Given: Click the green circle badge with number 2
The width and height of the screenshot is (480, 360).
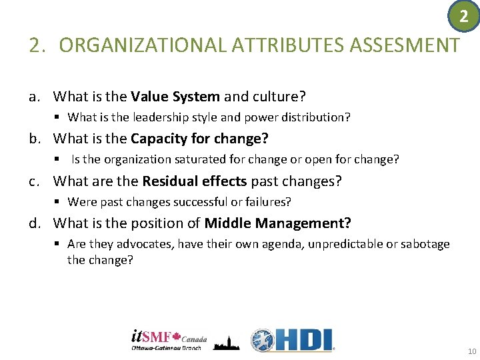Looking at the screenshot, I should (x=464, y=15).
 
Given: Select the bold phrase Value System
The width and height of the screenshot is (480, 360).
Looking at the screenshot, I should (x=175, y=97).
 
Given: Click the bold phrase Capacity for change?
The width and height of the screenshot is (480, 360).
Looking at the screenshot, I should (x=199, y=139).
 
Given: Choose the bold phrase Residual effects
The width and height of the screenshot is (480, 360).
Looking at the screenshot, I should (x=195, y=181).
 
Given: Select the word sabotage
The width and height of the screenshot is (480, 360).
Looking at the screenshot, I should (x=425, y=244).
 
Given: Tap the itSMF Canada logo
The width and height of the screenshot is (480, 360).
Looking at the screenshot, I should (x=169, y=340).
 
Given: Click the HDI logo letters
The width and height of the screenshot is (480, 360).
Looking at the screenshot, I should (x=303, y=340).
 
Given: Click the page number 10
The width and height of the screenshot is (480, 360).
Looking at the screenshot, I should (x=472, y=351).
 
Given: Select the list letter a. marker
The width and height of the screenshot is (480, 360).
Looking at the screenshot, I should (x=35, y=97).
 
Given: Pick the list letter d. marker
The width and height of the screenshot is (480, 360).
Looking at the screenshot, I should (x=35, y=223).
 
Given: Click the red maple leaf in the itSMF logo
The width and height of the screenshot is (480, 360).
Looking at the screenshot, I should (x=177, y=335).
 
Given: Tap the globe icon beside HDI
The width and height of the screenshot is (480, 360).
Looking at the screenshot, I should (x=263, y=340).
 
